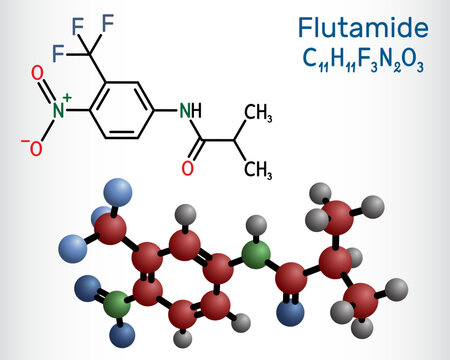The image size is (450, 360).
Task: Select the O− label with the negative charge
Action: click(35, 147)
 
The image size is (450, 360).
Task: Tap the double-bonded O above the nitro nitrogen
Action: click(36, 73)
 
